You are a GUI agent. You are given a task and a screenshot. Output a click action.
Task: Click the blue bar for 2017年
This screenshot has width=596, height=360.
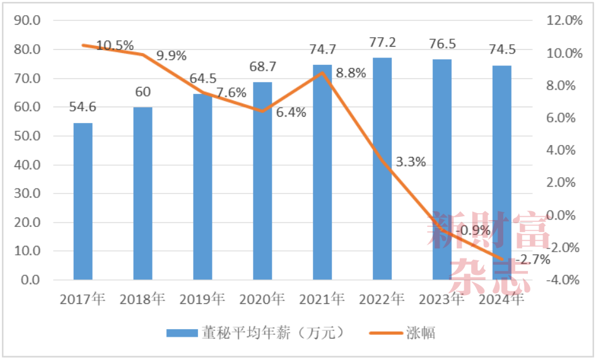(83, 201)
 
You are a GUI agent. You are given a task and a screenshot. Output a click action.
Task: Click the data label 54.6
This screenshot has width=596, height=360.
(83, 108)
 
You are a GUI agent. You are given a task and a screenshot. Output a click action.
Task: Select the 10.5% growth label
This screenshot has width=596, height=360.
(115, 45)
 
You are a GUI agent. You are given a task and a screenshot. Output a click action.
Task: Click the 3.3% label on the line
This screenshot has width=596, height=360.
(411, 162)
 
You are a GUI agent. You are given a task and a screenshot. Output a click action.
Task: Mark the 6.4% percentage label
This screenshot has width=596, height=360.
(291, 113)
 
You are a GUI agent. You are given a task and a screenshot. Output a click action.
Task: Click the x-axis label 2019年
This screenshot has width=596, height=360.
(203, 298)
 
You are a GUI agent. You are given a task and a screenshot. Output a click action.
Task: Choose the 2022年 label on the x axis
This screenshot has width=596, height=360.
(382, 298)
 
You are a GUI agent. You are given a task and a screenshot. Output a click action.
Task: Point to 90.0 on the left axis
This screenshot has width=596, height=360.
(28, 20)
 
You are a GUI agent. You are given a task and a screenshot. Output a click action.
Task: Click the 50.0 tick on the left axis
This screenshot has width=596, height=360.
(28, 136)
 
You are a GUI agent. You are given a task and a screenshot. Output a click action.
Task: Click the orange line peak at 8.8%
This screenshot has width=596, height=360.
(322, 73)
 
